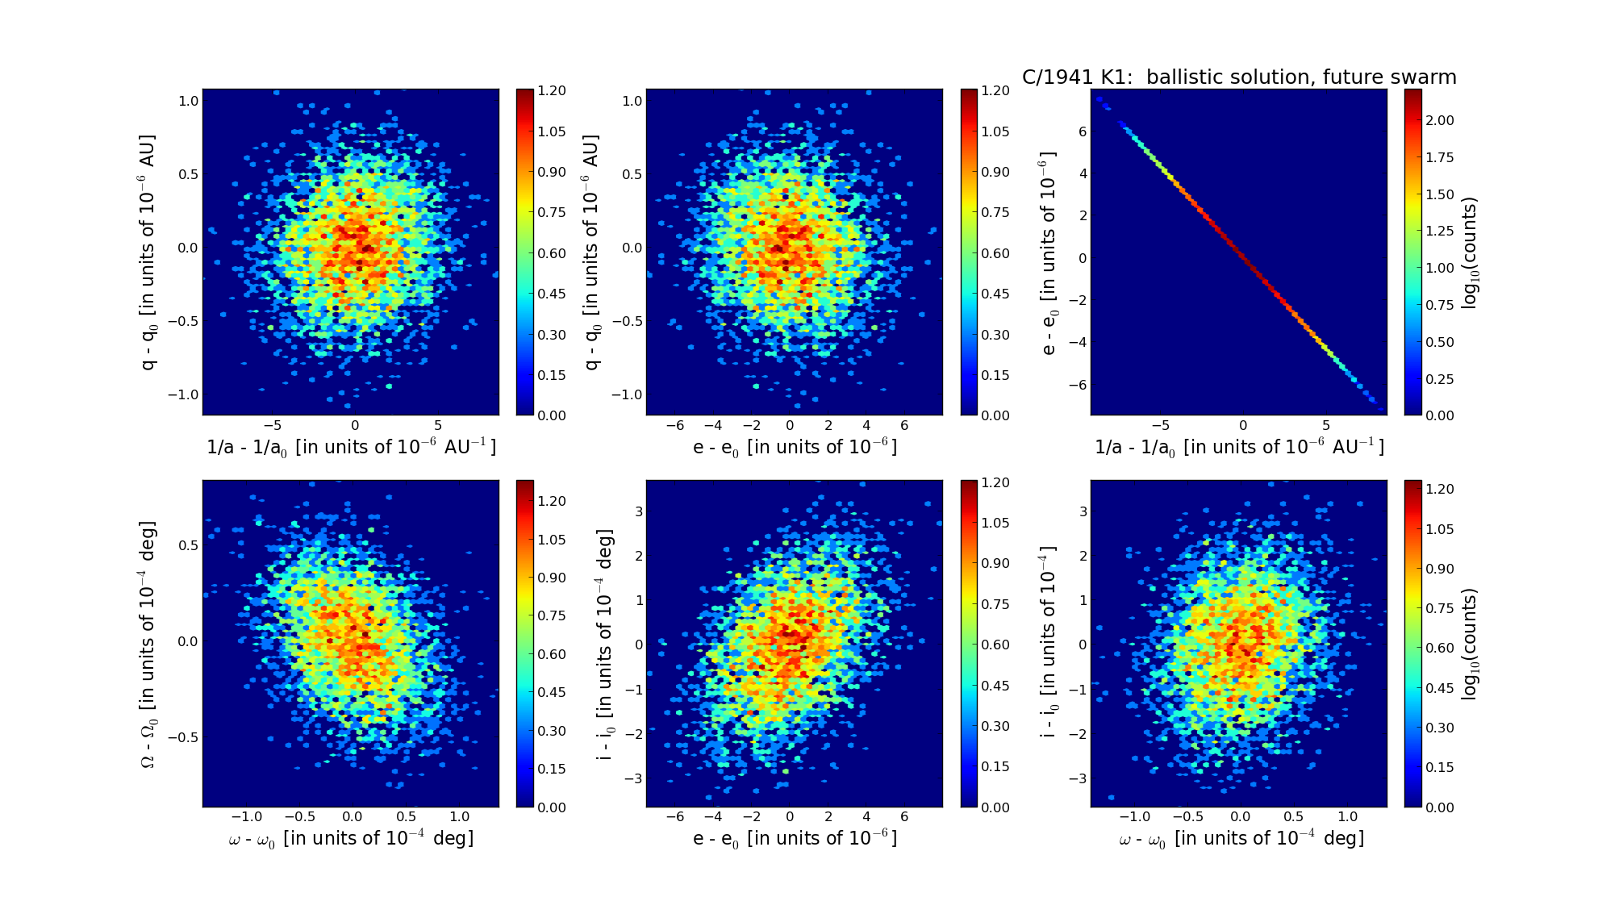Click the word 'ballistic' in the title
tap(1183, 77)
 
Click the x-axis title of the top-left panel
tap(351, 447)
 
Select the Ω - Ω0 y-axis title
tap(148, 644)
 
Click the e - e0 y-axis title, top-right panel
tap(1047, 252)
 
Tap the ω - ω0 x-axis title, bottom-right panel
tap(1241, 839)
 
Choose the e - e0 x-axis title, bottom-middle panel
tap(795, 839)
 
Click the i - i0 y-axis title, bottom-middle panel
tap(604, 644)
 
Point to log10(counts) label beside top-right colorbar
tap(1470, 252)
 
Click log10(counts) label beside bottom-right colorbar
tap(1470, 644)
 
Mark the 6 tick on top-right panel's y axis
tap(1083, 131)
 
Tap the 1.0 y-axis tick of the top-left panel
tap(189, 101)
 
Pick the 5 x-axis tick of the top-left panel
tap(438, 426)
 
